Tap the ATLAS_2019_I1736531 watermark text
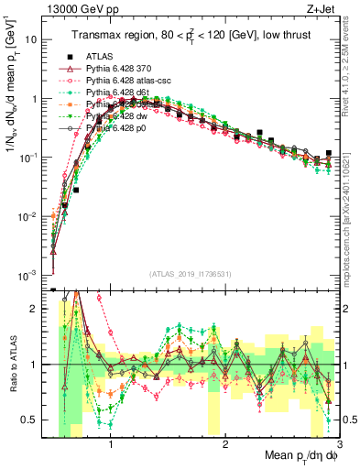coord(191,274)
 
